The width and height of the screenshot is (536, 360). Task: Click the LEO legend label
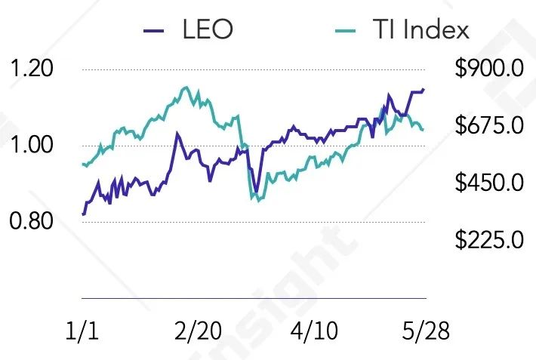(207, 30)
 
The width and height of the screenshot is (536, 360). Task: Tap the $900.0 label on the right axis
(489, 70)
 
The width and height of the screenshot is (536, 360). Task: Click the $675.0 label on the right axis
(489, 125)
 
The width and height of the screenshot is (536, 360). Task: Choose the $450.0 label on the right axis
(489, 183)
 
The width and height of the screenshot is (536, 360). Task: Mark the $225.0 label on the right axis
(489, 241)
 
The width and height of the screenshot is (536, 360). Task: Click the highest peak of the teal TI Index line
(186, 87)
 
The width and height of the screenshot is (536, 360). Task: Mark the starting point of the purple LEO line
(82, 214)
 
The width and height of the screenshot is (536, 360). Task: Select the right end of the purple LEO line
(424, 89)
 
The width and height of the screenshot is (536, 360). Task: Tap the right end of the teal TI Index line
(423, 130)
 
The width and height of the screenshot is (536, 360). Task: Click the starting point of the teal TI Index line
(82, 164)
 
